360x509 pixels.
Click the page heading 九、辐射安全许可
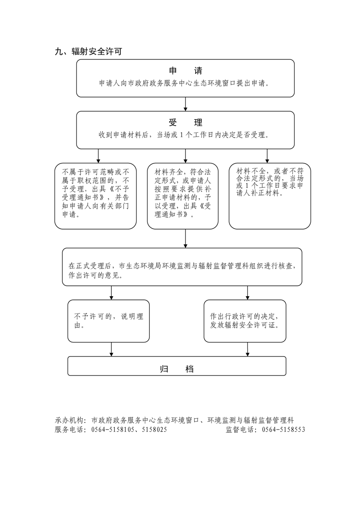pyautogui.click(x=88, y=52)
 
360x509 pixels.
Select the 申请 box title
pyautogui.click(x=185, y=71)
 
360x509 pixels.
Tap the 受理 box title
pyautogui.click(x=185, y=123)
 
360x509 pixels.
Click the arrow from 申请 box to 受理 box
pyautogui.click(x=185, y=104)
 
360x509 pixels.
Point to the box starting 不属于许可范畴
pyautogui.click(x=95, y=196)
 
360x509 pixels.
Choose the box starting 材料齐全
pyautogui.click(x=183, y=196)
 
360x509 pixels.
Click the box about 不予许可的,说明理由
pyautogui.click(x=108, y=321)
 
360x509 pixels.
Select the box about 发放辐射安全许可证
pyautogui.click(x=247, y=321)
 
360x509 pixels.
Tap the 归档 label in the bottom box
pyautogui.click(x=177, y=368)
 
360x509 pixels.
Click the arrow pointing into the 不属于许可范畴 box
pyautogui.click(x=98, y=156)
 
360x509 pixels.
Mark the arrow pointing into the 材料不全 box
pyautogui.click(x=267, y=156)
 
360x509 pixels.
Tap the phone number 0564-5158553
pyautogui.click(x=284, y=430)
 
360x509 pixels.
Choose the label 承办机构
pyautogui.click(x=70, y=421)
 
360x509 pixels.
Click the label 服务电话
pyautogui.click(x=70, y=430)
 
